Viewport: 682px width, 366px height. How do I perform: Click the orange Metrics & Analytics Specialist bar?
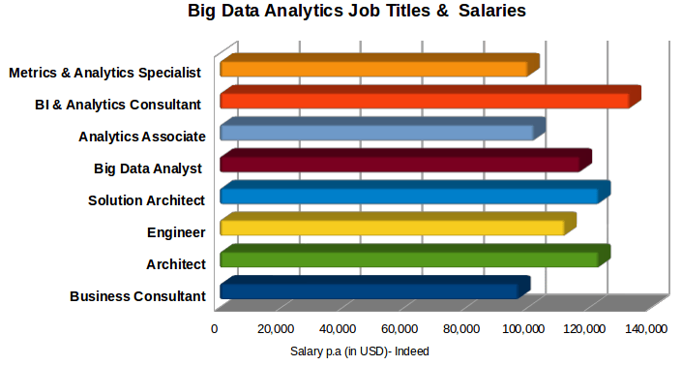click(x=373, y=69)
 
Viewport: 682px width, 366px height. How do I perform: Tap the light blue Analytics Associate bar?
click(x=376, y=132)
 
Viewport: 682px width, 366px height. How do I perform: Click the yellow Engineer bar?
click(x=392, y=228)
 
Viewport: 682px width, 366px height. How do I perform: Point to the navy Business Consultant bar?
click(x=369, y=290)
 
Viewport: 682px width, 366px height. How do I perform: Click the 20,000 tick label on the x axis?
click(x=277, y=329)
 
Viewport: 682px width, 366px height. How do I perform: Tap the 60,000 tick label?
click(x=400, y=329)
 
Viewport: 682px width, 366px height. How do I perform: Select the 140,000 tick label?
click(x=645, y=329)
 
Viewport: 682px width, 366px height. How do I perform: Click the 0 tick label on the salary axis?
click(x=215, y=329)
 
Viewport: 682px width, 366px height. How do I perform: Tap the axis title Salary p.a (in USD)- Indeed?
click(x=359, y=351)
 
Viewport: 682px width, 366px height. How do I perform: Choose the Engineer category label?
click(x=176, y=232)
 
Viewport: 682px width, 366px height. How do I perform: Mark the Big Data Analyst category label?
click(x=147, y=168)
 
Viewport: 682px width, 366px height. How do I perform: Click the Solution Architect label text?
click(x=146, y=200)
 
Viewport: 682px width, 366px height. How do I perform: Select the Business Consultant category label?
click(x=137, y=296)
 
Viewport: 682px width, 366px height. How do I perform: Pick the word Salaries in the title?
click(x=493, y=13)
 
